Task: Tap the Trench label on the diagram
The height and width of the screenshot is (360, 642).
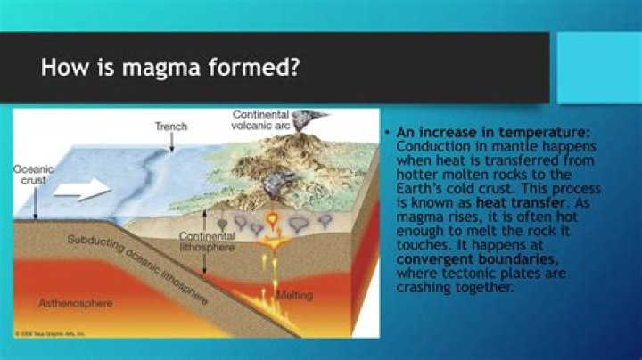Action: click(171, 127)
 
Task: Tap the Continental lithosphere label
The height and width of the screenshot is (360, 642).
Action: click(207, 242)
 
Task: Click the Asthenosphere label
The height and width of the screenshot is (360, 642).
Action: click(76, 303)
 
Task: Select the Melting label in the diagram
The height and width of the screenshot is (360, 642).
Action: click(294, 295)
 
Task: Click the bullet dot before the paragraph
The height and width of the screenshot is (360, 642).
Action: click(388, 133)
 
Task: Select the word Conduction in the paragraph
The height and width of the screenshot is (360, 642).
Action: click(427, 146)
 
